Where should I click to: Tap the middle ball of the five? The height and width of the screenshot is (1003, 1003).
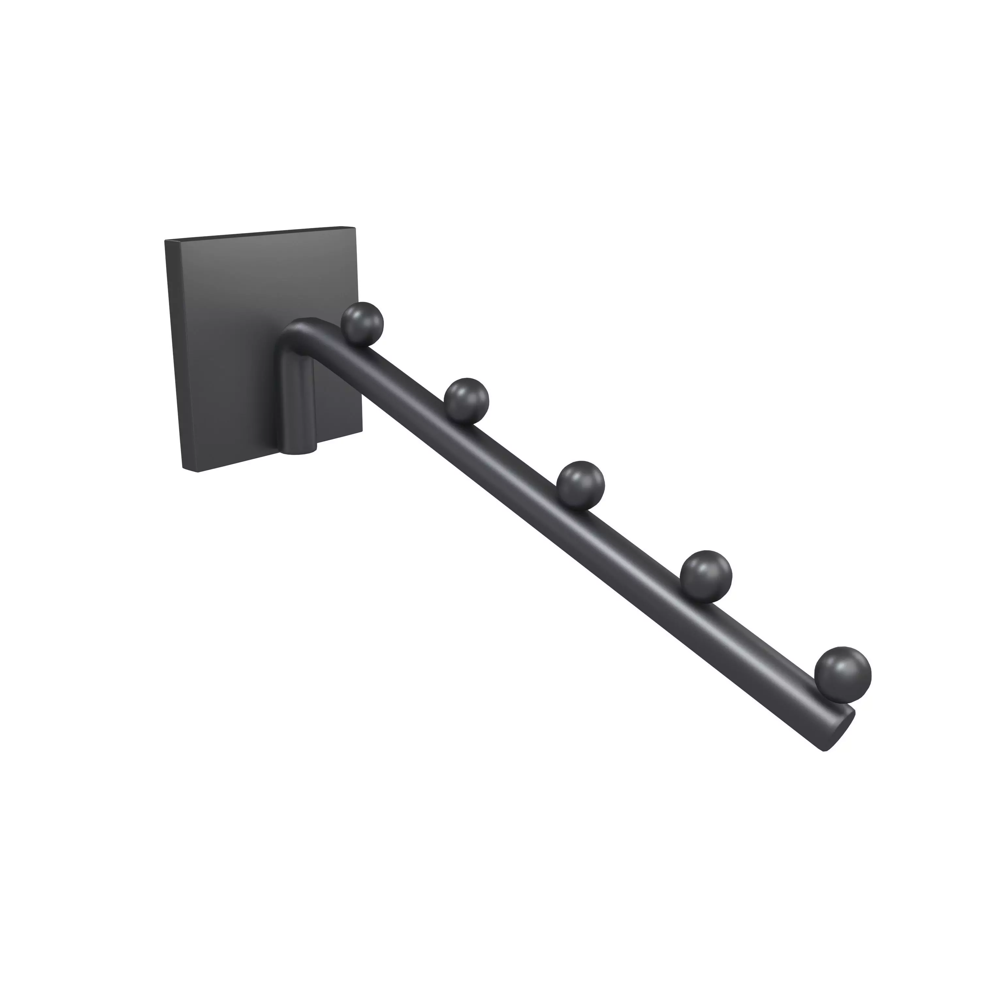[581, 482]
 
